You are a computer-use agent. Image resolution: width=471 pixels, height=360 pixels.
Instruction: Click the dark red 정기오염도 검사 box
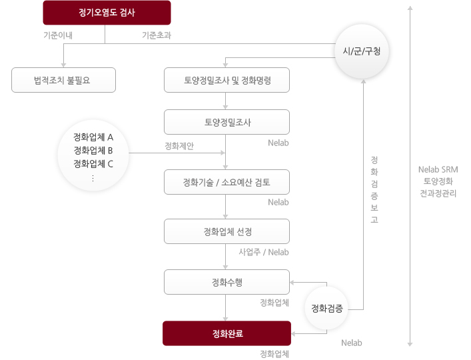pyautogui.click(x=107, y=13)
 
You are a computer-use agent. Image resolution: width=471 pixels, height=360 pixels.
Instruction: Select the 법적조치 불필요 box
pyautogui.click(x=63, y=80)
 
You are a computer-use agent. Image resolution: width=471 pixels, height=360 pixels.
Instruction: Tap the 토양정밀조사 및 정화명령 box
pyautogui.click(x=227, y=80)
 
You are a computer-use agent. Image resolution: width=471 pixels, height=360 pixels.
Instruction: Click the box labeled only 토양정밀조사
pyautogui.click(x=227, y=122)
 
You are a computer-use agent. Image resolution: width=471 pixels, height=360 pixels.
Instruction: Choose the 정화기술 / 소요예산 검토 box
pyautogui.click(x=227, y=182)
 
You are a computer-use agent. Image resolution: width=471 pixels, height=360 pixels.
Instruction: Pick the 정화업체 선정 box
pyautogui.click(x=227, y=231)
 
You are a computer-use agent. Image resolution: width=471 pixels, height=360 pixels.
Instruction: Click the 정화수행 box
pyautogui.click(x=227, y=282)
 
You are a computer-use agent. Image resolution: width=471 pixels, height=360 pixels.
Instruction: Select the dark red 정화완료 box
pyautogui.click(x=227, y=333)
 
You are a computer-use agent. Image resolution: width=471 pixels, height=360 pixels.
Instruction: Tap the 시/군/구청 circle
pyautogui.click(x=362, y=51)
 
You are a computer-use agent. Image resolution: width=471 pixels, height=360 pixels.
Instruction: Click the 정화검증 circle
pyautogui.click(x=327, y=308)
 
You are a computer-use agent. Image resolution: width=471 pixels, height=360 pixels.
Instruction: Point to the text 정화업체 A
pyautogui.click(x=93, y=137)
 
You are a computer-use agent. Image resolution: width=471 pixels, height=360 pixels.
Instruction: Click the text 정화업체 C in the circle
pyautogui.click(x=93, y=164)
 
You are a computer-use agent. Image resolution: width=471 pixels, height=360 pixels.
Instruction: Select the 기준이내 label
pyautogui.click(x=58, y=35)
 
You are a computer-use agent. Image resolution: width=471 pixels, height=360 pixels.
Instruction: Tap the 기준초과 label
pyautogui.click(x=157, y=35)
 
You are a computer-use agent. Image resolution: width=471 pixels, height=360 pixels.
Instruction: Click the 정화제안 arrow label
pyautogui.click(x=179, y=146)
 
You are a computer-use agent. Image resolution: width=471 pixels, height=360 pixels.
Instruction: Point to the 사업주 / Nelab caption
pyautogui.click(x=264, y=252)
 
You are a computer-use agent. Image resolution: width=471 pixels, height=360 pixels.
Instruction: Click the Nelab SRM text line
pyautogui.click(x=438, y=169)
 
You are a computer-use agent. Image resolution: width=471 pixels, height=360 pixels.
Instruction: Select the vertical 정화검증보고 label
pyautogui.click(x=374, y=189)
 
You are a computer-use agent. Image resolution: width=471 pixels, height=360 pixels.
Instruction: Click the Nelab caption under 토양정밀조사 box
pyautogui.click(x=278, y=143)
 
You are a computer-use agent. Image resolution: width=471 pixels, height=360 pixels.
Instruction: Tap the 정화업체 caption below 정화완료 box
pyautogui.click(x=274, y=354)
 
